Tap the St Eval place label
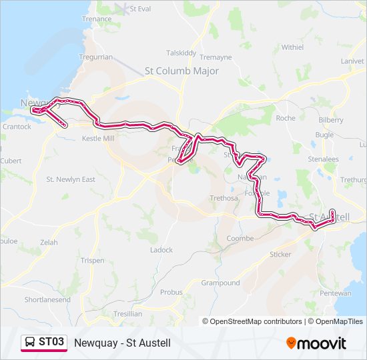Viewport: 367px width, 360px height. (x=141, y=9)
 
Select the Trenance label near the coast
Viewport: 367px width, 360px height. (x=97, y=19)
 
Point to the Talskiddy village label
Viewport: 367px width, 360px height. (x=181, y=53)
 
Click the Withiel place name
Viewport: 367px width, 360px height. (x=292, y=47)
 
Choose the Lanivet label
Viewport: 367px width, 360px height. (x=352, y=61)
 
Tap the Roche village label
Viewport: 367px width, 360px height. (x=285, y=118)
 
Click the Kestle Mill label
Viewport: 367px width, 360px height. (x=98, y=139)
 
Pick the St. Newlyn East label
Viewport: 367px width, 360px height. (x=71, y=179)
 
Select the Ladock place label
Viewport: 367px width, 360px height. (x=161, y=250)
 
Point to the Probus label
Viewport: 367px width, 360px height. (x=171, y=292)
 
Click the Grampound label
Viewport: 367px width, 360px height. (x=220, y=283)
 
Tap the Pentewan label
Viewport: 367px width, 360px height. (x=336, y=293)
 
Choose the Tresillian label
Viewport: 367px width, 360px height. (x=127, y=313)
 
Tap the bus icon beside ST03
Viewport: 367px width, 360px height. (x=30, y=343)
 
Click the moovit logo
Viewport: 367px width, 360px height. (x=316, y=343)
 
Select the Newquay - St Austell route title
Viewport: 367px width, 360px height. (x=123, y=343)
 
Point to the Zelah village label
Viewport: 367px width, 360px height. (x=49, y=243)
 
